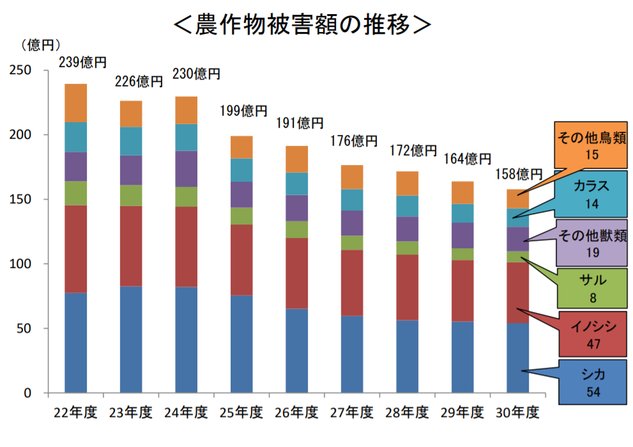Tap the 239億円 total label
coord(82,63)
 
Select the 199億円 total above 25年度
coord(243,111)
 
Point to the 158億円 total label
coord(519,174)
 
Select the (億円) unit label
coord(40,45)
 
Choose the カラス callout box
coord(591,194)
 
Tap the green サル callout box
coord(591,288)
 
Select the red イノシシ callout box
coord(591,335)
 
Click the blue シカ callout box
coord(591,382)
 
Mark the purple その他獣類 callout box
coord(591,243)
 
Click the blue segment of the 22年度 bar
coord(76,343)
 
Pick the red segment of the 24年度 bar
coord(187,247)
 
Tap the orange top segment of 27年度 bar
coord(352,177)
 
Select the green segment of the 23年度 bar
coord(131,195)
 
